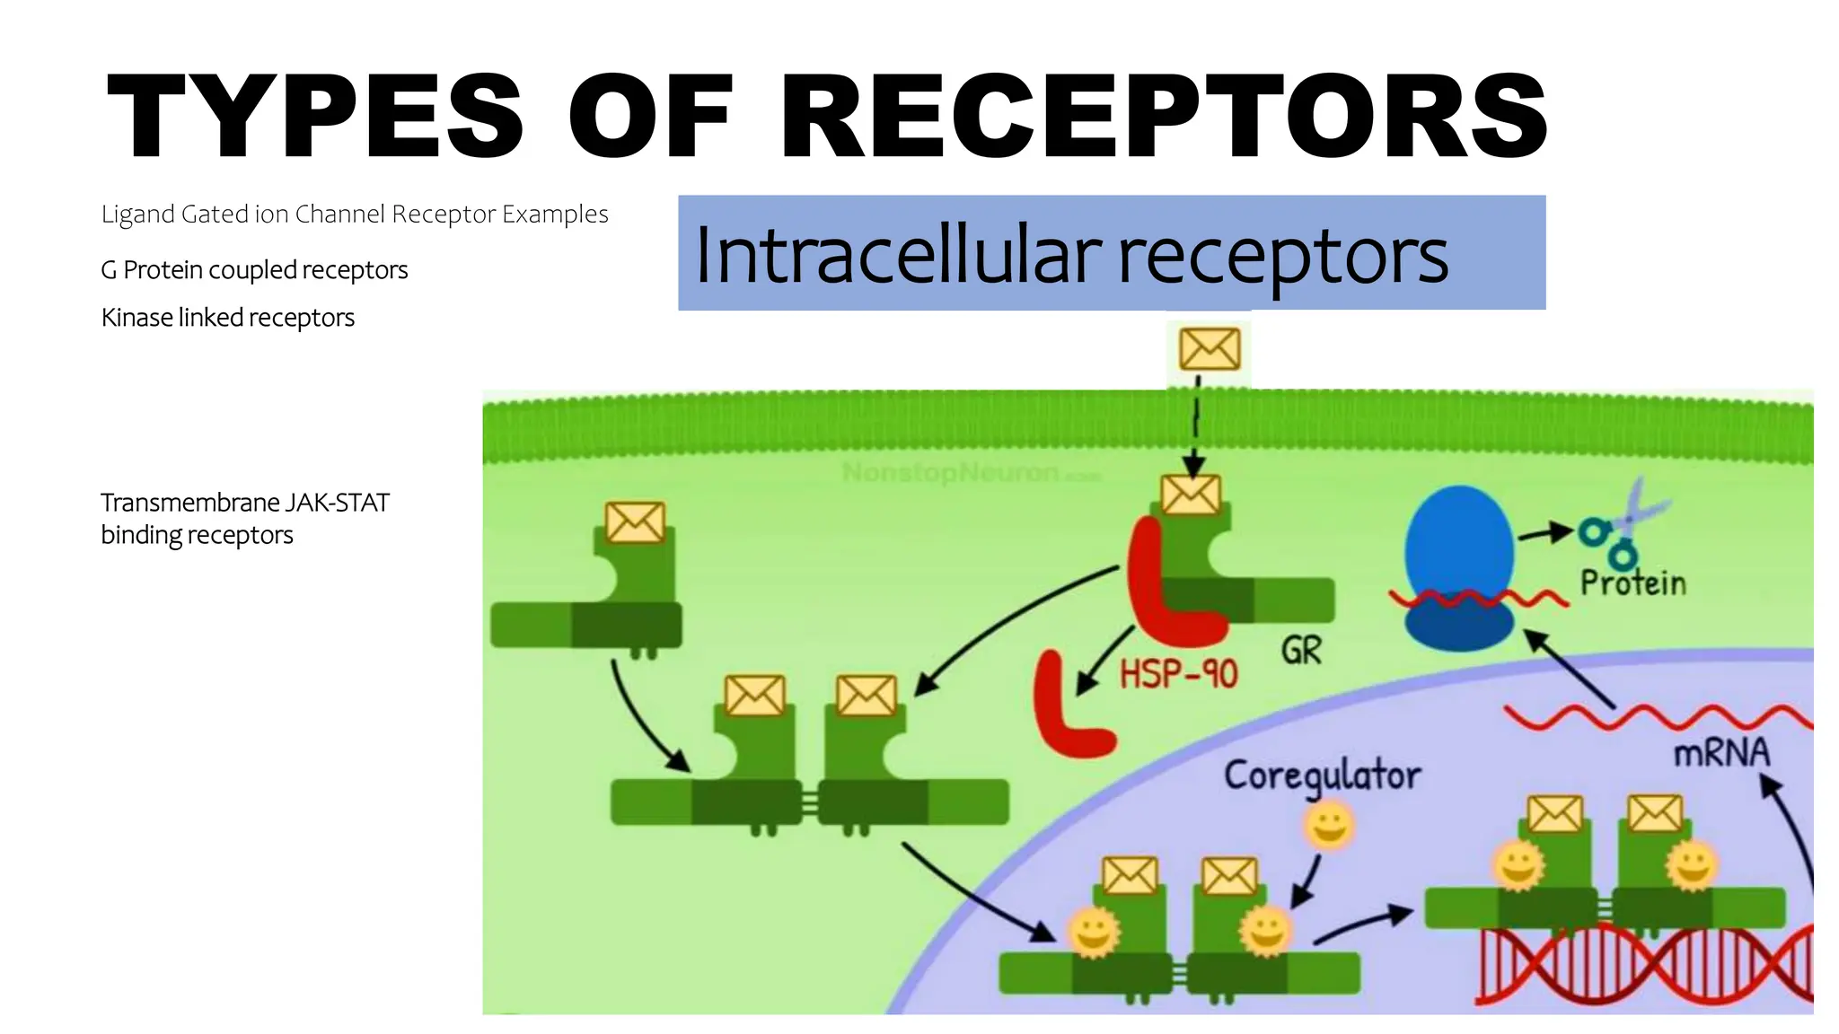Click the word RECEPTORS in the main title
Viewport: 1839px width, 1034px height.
1164,117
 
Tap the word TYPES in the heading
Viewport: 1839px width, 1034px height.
314,117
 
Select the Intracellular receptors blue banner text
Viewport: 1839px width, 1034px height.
1070,255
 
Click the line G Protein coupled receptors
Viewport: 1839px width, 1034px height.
254,270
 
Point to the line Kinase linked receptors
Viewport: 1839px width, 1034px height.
227,318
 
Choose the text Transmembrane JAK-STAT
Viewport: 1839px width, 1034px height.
244,503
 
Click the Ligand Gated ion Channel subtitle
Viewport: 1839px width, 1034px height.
354,215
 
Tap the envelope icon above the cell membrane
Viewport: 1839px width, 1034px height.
1210,349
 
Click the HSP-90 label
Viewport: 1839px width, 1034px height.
1178,674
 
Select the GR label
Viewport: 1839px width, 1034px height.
1301,651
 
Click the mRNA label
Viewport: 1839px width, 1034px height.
1720,753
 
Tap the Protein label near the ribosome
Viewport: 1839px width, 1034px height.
1632,583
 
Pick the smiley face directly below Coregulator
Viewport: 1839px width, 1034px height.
1329,826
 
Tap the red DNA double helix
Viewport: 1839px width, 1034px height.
1643,965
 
